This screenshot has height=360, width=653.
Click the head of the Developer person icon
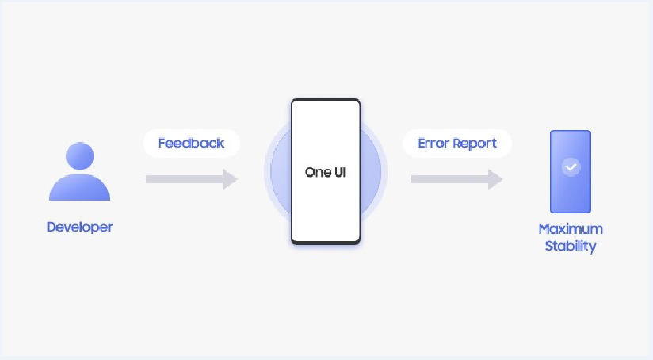[79, 155]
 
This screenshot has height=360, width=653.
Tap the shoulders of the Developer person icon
[79, 188]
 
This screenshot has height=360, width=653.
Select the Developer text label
[79, 227]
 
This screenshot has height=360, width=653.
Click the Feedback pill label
[191, 144]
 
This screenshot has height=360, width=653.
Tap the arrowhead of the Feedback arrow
[231, 179]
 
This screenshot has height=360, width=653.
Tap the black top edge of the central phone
[326, 101]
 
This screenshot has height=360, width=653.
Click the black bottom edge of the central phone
[326, 242]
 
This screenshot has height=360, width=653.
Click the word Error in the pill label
[433, 144]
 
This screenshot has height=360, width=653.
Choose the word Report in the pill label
[475, 144]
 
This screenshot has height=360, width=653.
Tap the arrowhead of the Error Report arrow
[495, 179]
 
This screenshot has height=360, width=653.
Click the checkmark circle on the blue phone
[571, 167]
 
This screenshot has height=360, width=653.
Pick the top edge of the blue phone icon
[571, 132]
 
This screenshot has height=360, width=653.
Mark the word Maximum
[571, 228]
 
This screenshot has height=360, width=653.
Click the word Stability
[571, 246]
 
